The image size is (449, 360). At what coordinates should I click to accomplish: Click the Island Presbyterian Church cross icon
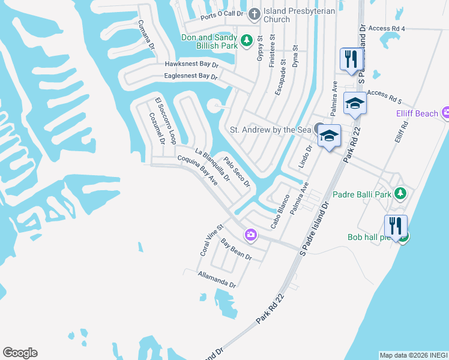point(255,14)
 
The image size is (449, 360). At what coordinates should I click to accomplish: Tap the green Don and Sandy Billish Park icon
point(246,41)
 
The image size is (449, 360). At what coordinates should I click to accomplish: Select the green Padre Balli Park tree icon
point(401,194)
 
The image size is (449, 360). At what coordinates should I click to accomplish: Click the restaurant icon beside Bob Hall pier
point(396,227)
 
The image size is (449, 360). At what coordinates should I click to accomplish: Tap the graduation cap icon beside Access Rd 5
point(355,103)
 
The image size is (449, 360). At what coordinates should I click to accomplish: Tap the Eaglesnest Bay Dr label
point(190,76)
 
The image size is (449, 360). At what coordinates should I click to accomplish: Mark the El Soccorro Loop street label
point(164,121)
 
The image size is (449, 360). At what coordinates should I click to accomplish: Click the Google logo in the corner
point(20,352)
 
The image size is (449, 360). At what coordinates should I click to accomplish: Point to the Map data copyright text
point(413,355)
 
